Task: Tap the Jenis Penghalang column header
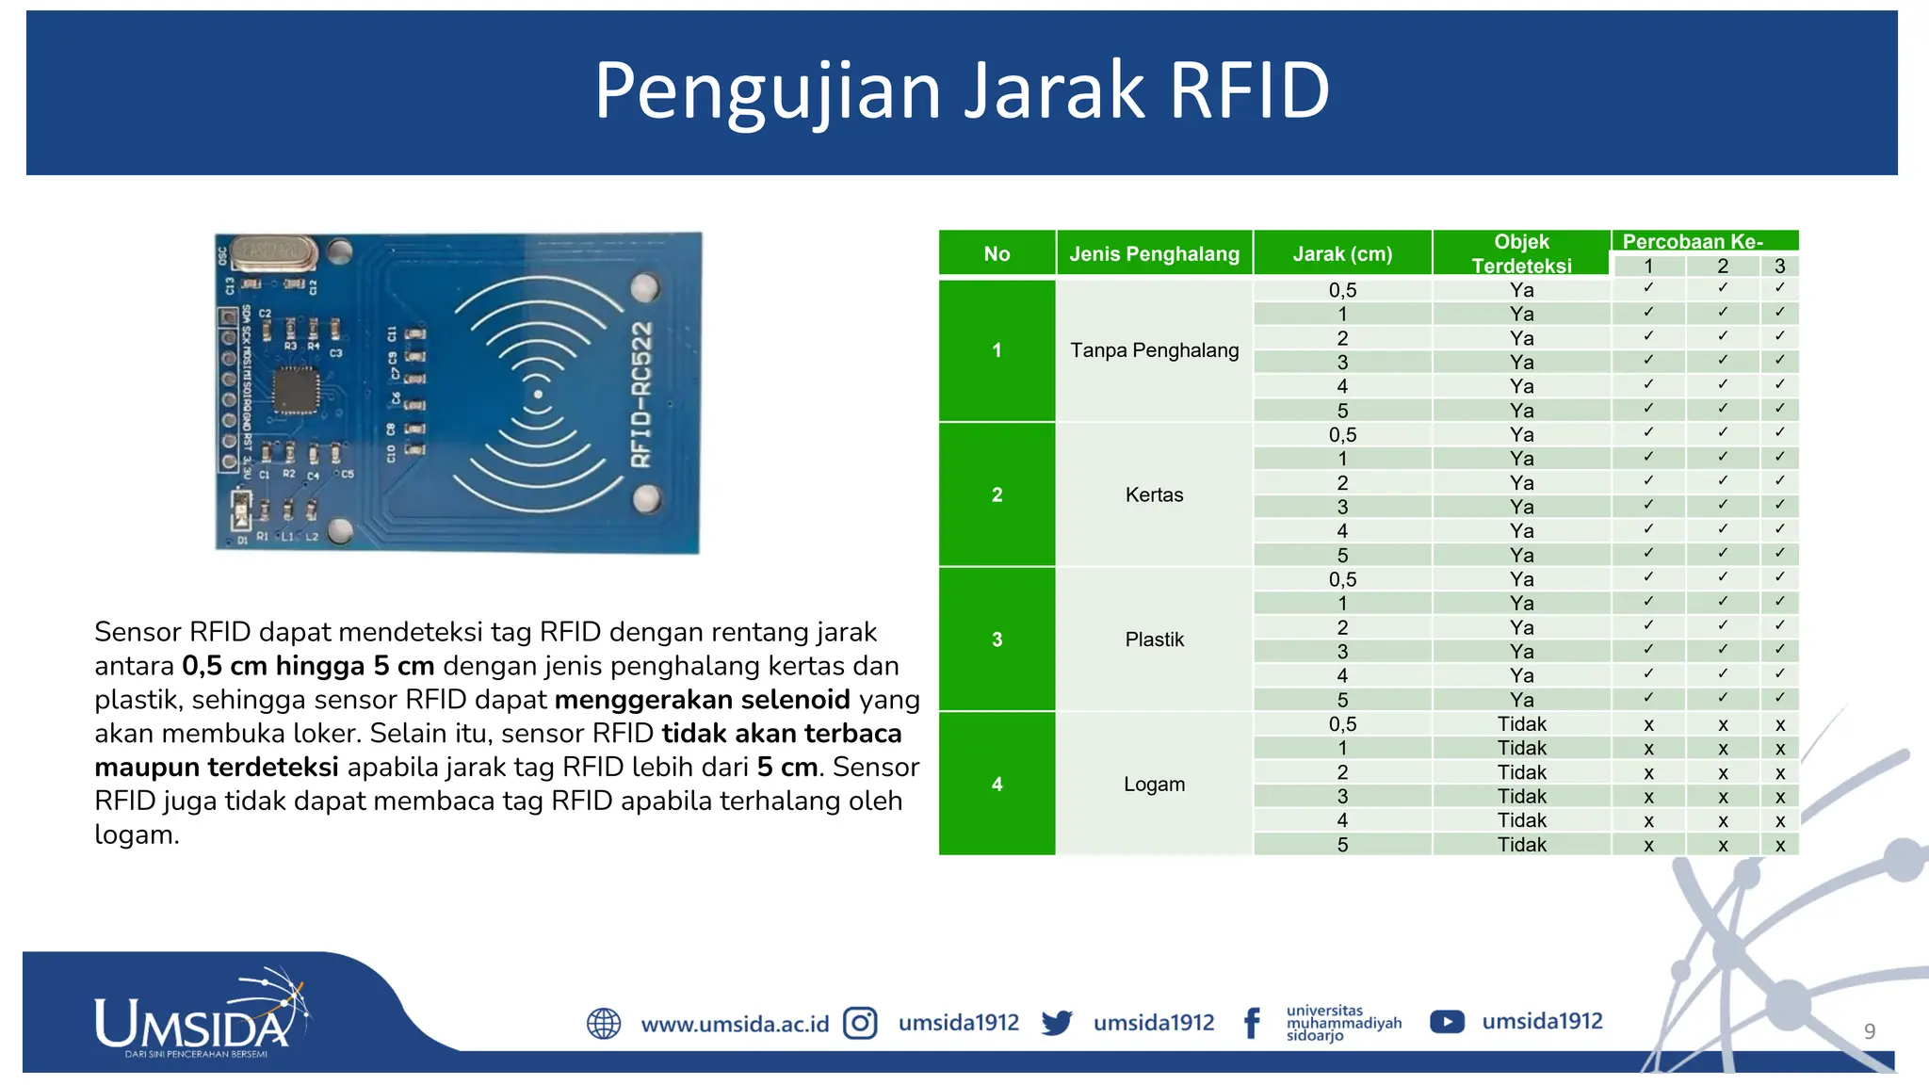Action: [x=1154, y=253]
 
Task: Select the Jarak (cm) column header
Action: [x=1342, y=253]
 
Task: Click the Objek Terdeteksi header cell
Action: [x=1521, y=253]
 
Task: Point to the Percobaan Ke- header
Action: [x=1692, y=241]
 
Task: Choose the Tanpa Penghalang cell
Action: [x=1154, y=350]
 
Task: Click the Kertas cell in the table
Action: [x=1154, y=494]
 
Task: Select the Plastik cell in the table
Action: [x=1154, y=640]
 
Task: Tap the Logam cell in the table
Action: [x=1154, y=784]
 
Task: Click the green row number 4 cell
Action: [x=997, y=784]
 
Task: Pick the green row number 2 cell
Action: [x=997, y=494]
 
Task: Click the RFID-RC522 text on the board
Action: [x=641, y=394]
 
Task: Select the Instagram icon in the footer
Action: [x=860, y=1023]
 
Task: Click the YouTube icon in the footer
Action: [x=1447, y=1022]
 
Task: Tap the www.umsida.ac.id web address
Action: [x=735, y=1024]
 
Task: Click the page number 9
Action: [x=1870, y=1031]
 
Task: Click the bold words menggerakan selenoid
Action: [x=703, y=700]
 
